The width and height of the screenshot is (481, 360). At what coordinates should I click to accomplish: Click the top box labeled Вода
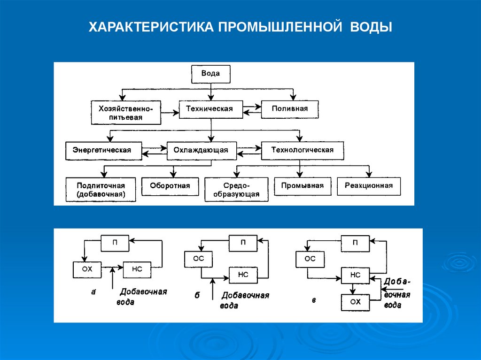[x=211, y=74]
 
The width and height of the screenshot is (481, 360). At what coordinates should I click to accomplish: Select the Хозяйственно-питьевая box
[x=126, y=113]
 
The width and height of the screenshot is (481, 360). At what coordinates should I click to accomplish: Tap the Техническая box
[x=211, y=109]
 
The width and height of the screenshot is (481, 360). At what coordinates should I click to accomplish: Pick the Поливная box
[x=289, y=109]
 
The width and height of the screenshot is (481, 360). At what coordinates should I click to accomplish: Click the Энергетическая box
[x=104, y=151]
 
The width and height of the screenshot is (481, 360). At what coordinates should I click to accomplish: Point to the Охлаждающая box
[x=202, y=151]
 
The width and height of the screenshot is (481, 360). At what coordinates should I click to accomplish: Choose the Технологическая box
[x=302, y=151]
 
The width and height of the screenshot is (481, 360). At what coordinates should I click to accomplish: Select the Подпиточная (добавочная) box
[x=101, y=190]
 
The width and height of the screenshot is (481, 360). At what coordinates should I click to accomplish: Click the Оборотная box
[x=170, y=186]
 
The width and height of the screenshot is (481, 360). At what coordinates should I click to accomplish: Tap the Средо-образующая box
[x=236, y=190]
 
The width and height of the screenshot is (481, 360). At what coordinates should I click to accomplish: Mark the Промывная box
[x=303, y=186]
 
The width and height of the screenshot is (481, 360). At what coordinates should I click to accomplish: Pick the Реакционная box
[x=369, y=186]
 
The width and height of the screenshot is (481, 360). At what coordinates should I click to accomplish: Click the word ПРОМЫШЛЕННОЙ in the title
[x=280, y=27]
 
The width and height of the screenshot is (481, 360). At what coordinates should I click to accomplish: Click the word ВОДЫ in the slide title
[x=371, y=27]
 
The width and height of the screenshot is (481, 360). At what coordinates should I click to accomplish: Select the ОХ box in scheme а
[x=87, y=269]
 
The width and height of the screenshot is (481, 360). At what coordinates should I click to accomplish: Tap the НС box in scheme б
[x=243, y=275]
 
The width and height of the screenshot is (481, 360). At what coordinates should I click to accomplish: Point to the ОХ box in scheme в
[x=355, y=302]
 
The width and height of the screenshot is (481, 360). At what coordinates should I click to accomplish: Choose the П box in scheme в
[x=355, y=243]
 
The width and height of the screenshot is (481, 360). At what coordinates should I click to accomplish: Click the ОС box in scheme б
[x=199, y=259]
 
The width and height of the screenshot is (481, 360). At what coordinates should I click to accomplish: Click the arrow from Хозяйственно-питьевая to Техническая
[x=170, y=113]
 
